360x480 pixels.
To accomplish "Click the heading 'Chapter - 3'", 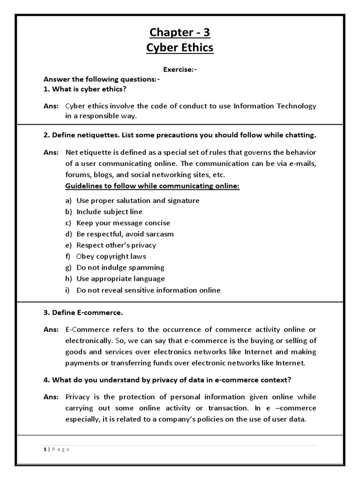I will coord(180,32).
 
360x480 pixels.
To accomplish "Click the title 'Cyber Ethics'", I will coord(180,48).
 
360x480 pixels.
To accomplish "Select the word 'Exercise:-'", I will coord(180,70).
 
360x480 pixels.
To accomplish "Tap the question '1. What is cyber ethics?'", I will coord(85,89).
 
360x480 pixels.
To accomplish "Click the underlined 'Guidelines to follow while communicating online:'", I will coord(152,186).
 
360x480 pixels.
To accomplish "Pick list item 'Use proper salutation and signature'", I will coord(138,201).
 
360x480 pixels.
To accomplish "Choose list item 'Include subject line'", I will coord(109,212).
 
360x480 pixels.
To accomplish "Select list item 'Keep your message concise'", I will coord(123,223).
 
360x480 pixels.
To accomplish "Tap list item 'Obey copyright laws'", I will coord(111,256).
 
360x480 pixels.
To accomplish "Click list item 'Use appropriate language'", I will coord(120,279).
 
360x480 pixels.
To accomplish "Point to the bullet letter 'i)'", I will coord(68,290).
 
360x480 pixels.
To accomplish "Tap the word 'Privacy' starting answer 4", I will coord(78,397).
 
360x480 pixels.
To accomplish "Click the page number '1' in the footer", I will coord(45,449).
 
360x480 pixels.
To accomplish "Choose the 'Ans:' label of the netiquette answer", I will coord(51,152).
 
